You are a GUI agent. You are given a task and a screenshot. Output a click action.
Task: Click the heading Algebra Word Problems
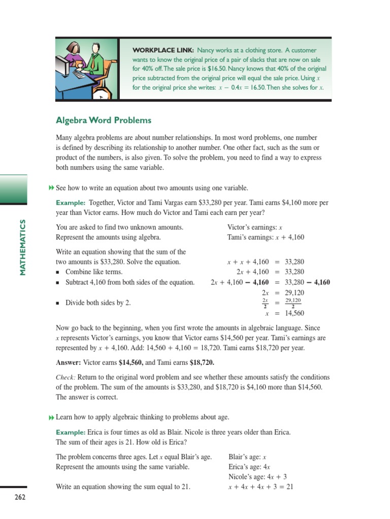[104, 120]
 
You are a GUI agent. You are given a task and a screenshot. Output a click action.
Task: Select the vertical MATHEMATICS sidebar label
[22, 247]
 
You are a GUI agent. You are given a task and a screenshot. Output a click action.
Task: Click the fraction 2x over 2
[265, 303]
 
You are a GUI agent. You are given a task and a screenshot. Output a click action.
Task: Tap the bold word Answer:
[69, 362]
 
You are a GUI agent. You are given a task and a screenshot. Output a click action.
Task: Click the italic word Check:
[66, 377]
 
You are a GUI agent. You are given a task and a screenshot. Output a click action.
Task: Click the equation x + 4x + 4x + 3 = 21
[261, 487]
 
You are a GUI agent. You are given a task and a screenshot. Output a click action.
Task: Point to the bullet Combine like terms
[94, 272]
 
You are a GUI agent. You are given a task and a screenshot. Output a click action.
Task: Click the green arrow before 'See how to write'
[51, 188]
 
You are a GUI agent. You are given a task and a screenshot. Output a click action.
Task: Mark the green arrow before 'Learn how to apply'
[51, 417]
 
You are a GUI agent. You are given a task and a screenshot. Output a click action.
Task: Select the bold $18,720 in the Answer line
[202, 362]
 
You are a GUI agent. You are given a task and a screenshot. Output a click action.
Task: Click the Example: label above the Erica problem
[70, 432]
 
